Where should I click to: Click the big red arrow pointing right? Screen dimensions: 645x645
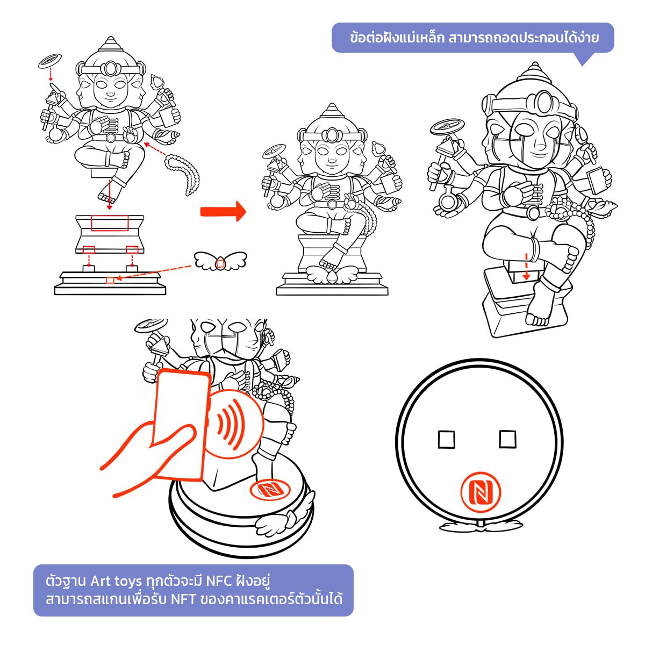pyautogui.click(x=223, y=211)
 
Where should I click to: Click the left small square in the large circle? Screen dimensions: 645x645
pyautogui.click(x=447, y=440)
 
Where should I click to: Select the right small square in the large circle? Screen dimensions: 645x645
pyautogui.click(x=507, y=439)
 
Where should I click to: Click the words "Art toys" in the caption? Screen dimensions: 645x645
pyautogui.click(x=116, y=581)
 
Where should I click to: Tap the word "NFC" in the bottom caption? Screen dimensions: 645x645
pyautogui.click(x=219, y=581)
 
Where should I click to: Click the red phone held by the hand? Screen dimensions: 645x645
pyautogui.click(x=182, y=425)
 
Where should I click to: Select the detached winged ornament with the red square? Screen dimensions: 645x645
pyautogui.click(x=220, y=261)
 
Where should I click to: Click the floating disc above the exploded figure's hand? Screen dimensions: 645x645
pyautogui.click(x=50, y=61)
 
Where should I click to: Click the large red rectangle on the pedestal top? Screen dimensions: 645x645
pyautogui.click(x=110, y=223)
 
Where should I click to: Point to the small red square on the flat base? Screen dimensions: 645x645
pyautogui.click(x=110, y=281)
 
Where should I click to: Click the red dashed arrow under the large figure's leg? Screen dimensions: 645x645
pyautogui.click(x=526, y=267)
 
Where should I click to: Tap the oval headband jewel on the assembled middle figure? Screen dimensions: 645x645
pyautogui.click(x=332, y=135)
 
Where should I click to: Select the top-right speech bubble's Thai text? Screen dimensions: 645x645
pyautogui.click(x=474, y=38)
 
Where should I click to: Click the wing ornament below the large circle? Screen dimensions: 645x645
pyautogui.click(x=481, y=527)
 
